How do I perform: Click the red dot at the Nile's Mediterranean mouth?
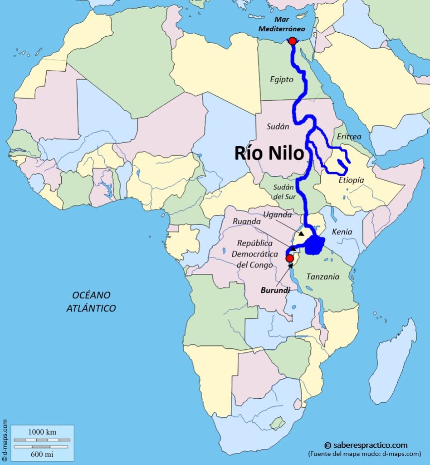pyautogui.click(x=292, y=41)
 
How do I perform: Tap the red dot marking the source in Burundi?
pyautogui.click(x=289, y=258)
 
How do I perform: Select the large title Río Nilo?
pyautogui.click(x=269, y=153)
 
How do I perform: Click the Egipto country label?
pyautogui.click(x=282, y=79)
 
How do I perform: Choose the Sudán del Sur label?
pyautogui.click(x=284, y=191)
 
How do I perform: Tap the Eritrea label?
pyautogui.click(x=349, y=136)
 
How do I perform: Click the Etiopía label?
pyautogui.click(x=351, y=180)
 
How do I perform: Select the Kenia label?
pyautogui.click(x=342, y=232)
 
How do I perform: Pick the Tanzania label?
pyautogui.click(x=322, y=277)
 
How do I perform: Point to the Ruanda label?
pyautogui.click(x=246, y=221)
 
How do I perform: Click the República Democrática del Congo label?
pyautogui.click(x=252, y=253)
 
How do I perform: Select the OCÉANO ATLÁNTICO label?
pyautogui.click(x=91, y=302)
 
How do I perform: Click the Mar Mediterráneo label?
pyautogui.click(x=282, y=25)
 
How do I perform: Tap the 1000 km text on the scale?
pyautogui.click(x=42, y=432)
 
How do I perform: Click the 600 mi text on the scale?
pyautogui.click(x=42, y=453)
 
